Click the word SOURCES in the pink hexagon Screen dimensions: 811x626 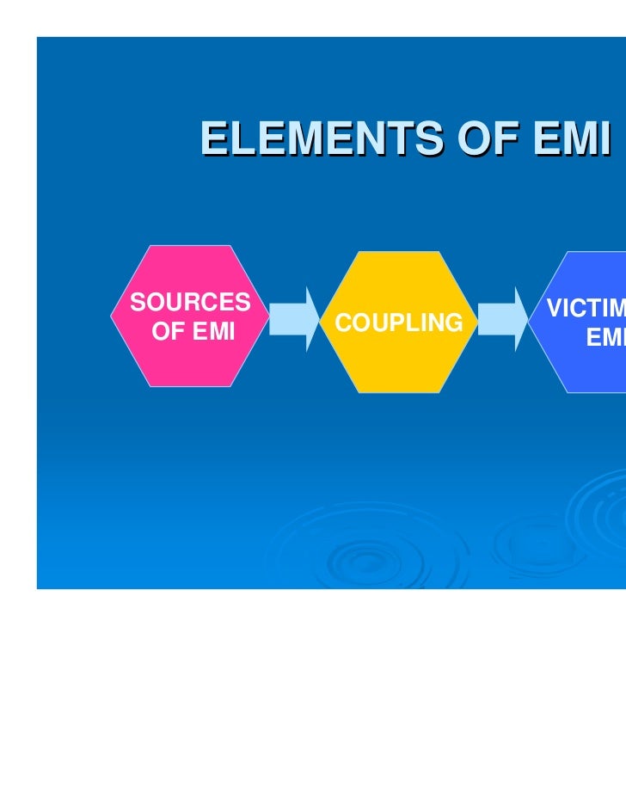click(x=190, y=303)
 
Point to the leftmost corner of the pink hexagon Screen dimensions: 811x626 click(x=112, y=316)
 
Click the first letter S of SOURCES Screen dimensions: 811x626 click(x=136, y=303)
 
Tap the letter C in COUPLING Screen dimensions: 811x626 click(x=343, y=323)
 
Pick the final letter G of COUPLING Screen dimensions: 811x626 click(x=454, y=323)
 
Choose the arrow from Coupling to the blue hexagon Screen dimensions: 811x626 click(x=504, y=318)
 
